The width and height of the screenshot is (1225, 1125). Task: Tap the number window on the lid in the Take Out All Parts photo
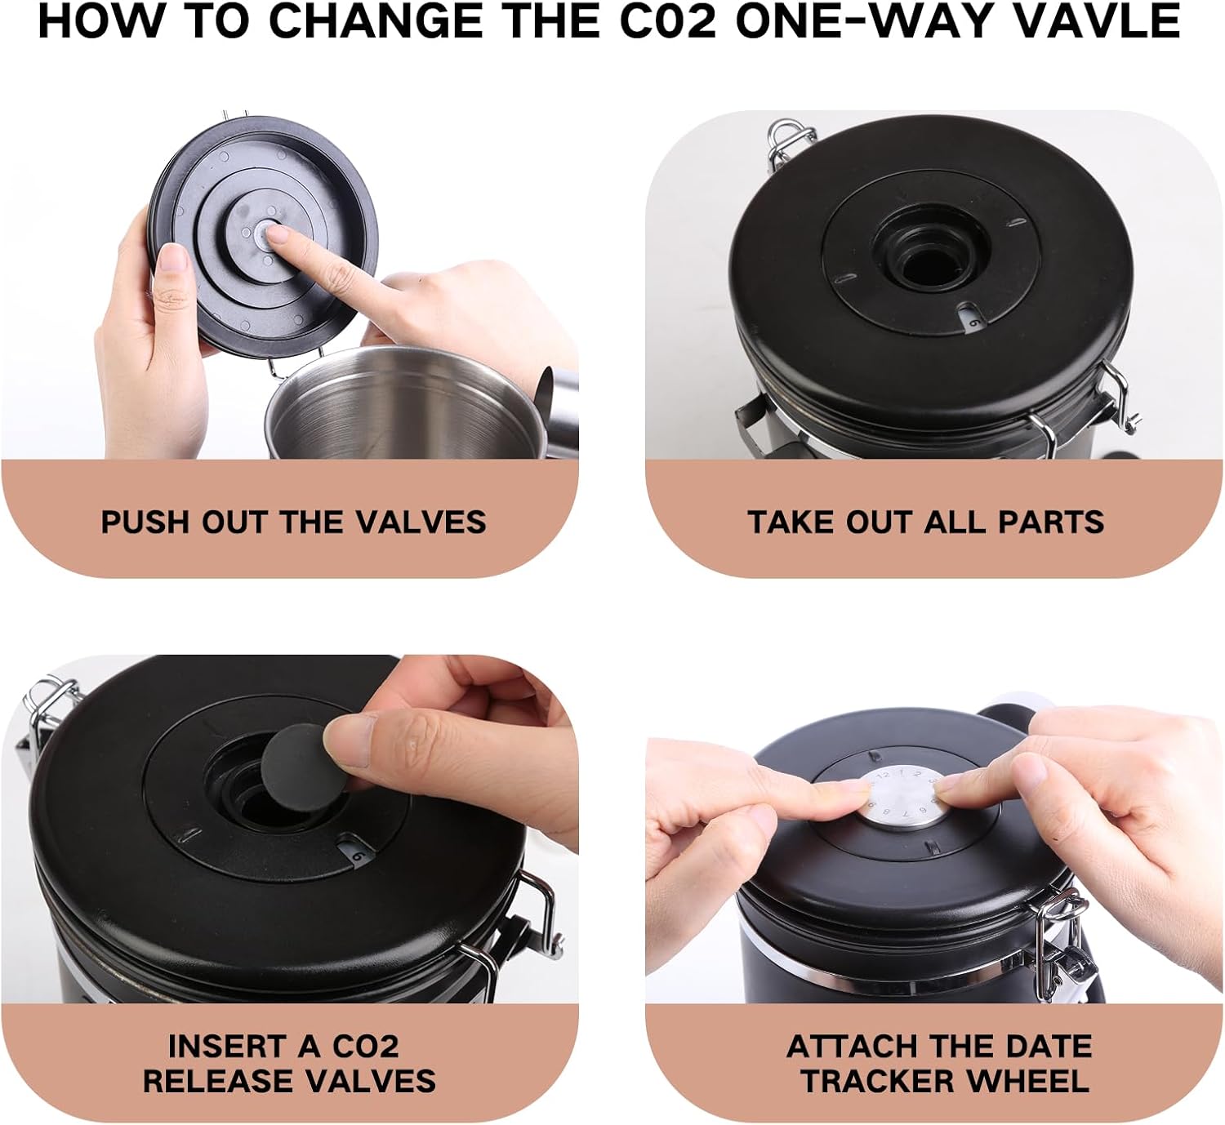972,319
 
